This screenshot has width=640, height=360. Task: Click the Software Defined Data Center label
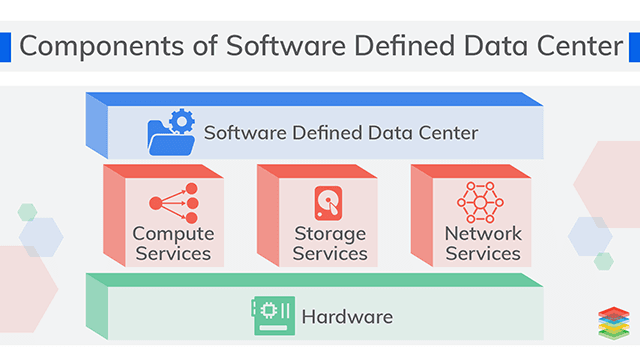pos(341,133)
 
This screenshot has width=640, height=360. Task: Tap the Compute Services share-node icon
pos(174,203)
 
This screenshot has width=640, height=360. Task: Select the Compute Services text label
pos(173,243)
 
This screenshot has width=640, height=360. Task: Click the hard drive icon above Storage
pos(327,203)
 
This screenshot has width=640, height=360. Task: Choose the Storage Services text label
pos(329,243)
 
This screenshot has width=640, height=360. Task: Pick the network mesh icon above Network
pos(482,202)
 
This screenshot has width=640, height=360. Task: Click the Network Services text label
pos(483,243)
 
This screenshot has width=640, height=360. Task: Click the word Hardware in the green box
pos(347,318)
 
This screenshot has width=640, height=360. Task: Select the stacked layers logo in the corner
pos(615,323)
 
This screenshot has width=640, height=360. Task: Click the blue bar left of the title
pos(5,46)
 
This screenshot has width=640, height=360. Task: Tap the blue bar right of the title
pos(634,46)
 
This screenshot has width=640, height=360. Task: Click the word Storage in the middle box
pos(329,233)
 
